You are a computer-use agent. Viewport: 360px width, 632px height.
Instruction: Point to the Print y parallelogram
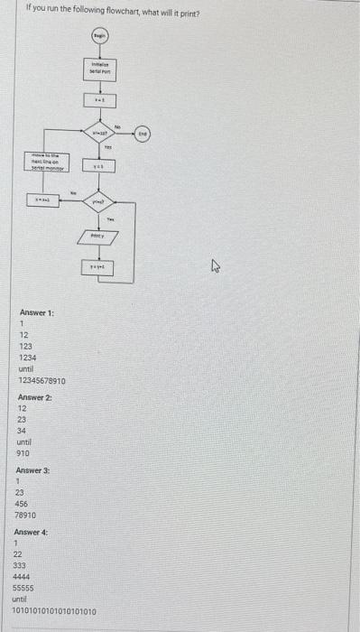coord(98,235)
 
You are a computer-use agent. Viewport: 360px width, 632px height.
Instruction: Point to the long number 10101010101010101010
coord(53,610)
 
